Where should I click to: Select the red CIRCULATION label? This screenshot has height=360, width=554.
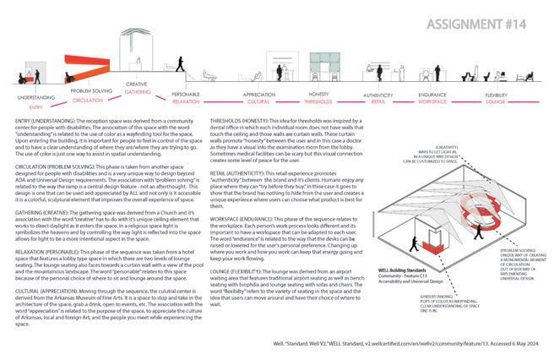click(87, 100)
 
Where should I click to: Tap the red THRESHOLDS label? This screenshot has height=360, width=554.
click(317, 100)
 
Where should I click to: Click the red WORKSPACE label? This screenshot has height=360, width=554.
click(434, 100)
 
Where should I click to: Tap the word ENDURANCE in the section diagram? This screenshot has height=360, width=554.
click(434, 92)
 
